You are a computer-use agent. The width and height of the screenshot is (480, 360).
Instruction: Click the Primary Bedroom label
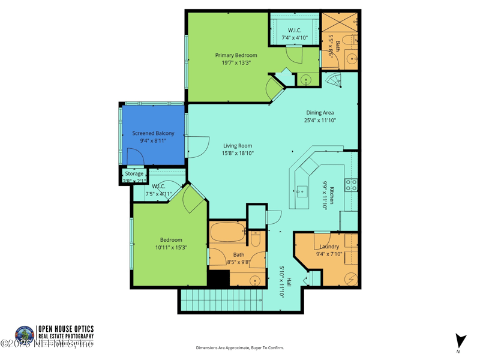[x=236, y=55]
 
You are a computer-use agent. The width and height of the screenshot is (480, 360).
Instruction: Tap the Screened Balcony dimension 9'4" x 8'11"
[x=153, y=141]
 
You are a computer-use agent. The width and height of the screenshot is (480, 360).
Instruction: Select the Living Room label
[x=238, y=146]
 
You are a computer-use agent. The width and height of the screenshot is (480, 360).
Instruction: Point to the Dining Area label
[x=320, y=112]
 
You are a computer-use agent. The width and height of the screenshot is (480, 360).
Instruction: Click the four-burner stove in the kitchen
[x=351, y=185]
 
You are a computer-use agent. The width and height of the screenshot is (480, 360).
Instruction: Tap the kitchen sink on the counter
[x=301, y=192]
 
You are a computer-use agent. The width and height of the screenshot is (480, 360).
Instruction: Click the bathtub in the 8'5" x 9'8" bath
[x=227, y=232]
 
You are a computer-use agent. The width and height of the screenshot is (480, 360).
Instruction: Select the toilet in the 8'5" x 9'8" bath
[x=255, y=238]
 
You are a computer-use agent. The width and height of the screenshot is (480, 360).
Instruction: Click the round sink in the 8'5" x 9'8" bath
[x=255, y=280]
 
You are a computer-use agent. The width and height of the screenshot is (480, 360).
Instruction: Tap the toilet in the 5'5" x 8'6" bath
[x=352, y=40]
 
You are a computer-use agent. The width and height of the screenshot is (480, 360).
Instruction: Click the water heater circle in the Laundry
[x=351, y=278]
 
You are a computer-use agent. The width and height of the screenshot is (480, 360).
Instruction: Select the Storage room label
[x=134, y=173]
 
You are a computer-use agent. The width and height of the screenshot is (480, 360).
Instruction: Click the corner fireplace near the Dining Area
[x=332, y=80]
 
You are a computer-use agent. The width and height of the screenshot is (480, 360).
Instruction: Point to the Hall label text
[x=289, y=281]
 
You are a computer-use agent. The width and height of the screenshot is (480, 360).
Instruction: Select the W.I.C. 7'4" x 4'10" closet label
[x=295, y=30]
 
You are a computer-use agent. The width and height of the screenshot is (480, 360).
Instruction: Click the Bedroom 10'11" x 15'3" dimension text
[x=171, y=247]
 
